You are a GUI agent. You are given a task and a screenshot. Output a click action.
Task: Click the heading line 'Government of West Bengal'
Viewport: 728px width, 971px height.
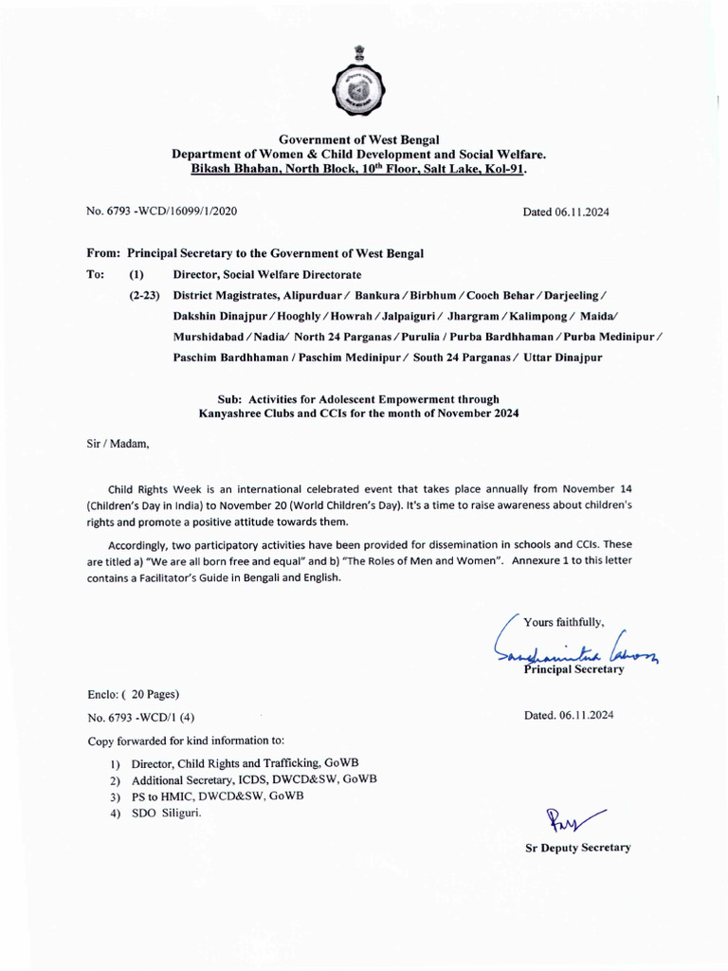coord(359,139)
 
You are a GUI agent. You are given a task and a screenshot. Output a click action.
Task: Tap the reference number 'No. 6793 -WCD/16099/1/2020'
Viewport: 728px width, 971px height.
coord(162,211)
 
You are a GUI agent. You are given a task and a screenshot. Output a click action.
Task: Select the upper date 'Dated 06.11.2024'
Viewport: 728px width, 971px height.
coord(566,211)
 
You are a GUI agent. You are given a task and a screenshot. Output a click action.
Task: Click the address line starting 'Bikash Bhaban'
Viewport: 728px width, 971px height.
coord(359,168)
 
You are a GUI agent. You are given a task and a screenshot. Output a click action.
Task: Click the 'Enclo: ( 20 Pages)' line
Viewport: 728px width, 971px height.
coord(134,694)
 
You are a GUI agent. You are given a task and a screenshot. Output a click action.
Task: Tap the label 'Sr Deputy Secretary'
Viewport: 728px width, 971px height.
coord(578,848)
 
